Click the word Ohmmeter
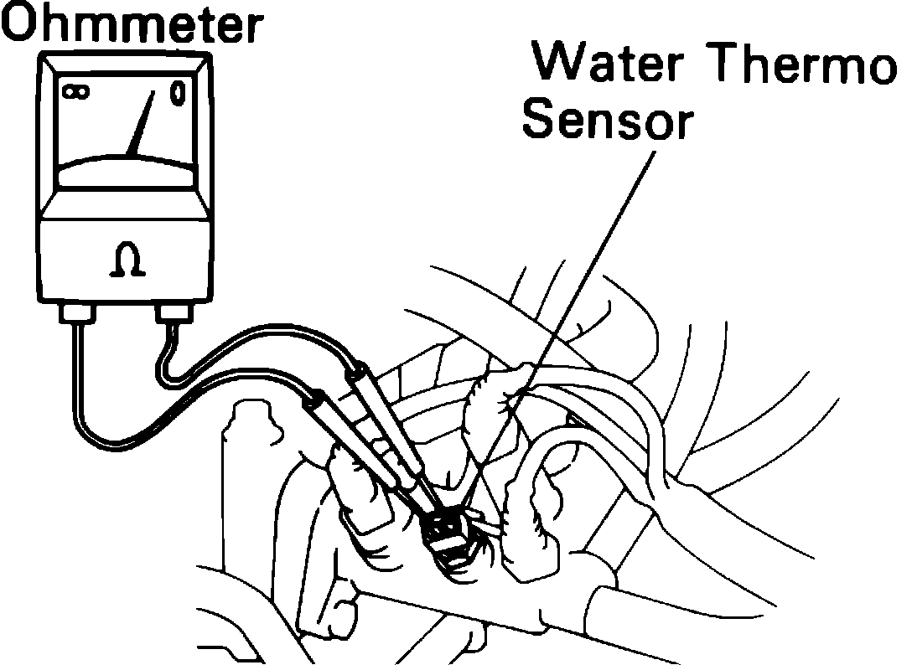point(129,25)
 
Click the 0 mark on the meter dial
point(178,93)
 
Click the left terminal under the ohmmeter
point(79,315)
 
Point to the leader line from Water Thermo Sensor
point(587,268)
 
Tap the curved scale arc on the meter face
point(126,159)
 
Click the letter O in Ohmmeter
point(21,25)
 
